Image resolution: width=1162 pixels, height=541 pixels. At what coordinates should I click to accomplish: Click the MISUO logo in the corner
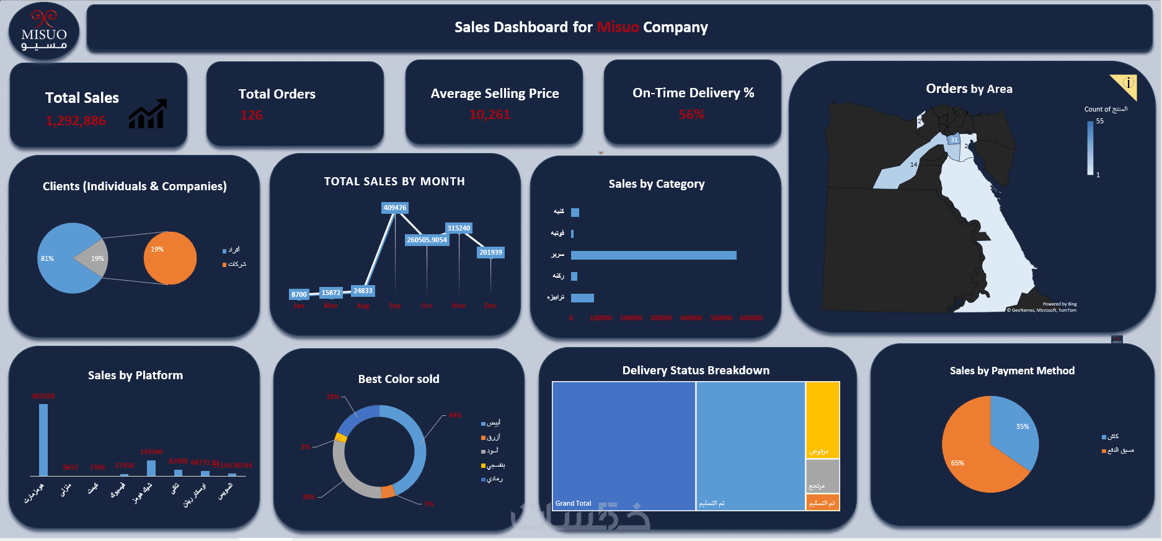coord(43,32)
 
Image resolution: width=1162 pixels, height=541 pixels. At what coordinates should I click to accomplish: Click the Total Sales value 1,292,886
coord(76,121)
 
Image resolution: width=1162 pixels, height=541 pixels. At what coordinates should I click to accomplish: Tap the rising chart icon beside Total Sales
coord(148,114)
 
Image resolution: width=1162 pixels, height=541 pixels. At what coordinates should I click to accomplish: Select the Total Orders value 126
coord(251,115)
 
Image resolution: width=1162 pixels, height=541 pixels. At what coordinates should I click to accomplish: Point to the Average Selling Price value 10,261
coord(489,115)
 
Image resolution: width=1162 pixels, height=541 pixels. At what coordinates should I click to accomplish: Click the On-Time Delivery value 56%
coord(691,115)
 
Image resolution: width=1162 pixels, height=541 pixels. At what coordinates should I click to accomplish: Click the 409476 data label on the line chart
coord(394,208)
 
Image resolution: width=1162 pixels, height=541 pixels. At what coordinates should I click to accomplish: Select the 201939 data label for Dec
coord(490,252)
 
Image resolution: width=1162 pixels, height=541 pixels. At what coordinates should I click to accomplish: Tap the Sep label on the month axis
coord(394,306)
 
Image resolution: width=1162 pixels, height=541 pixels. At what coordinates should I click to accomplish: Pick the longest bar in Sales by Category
coord(653,255)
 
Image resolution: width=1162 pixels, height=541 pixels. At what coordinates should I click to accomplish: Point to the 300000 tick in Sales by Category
coord(660,318)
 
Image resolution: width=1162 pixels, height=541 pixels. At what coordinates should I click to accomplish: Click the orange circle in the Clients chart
coord(170,258)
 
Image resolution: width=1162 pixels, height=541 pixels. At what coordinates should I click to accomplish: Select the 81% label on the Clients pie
coord(47,258)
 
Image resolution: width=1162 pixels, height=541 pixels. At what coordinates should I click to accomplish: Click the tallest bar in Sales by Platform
coord(43,439)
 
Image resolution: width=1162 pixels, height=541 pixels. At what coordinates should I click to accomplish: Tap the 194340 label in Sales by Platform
coord(151,452)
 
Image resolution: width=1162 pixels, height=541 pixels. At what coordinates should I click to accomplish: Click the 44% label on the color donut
coord(455,415)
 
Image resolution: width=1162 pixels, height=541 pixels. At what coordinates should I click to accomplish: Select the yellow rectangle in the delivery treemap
coord(822,419)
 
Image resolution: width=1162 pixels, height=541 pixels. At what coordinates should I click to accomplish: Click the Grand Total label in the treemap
coord(573,503)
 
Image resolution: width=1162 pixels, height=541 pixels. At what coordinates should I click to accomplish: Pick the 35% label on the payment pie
coord(1022,426)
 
